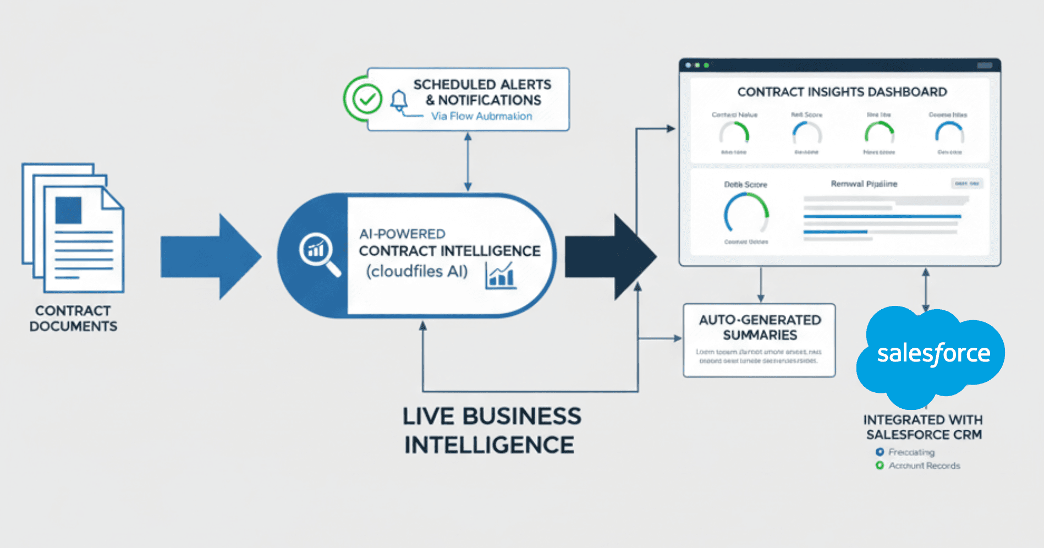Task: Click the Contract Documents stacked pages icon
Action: pos(73,228)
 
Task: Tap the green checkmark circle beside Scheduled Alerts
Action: pos(367,100)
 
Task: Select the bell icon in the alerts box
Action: pos(399,101)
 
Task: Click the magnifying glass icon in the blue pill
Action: pos(318,253)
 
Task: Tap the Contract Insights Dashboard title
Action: pos(842,92)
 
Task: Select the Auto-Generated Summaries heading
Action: pos(760,327)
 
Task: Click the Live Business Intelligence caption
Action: pos(491,430)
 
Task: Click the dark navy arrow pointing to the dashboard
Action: pos(611,256)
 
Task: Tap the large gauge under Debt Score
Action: pos(746,215)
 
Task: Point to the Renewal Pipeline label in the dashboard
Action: pos(864,184)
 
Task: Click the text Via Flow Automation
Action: pos(481,116)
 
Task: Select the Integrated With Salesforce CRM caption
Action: pos(923,427)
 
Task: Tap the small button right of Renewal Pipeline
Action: pos(966,184)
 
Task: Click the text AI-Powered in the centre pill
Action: pos(402,234)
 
